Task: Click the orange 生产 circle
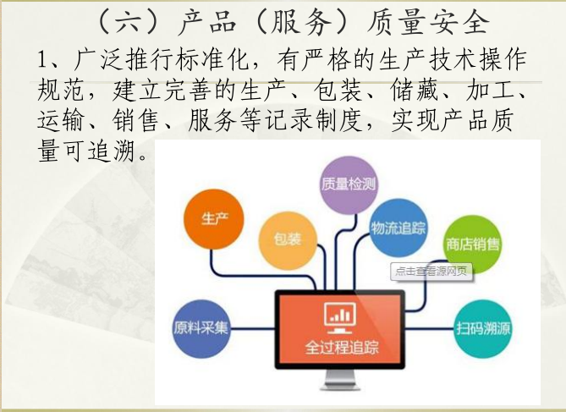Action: [x=214, y=219]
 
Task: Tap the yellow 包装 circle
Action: [x=288, y=240]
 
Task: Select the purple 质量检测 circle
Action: [x=349, y=185]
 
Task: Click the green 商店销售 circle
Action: [x=472, y=244]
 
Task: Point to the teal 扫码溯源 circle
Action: [x=483, y=328]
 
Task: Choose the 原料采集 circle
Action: [x=201, y=328]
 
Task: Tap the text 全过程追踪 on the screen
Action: [x=342, y=348]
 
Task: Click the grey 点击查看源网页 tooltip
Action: [x=431, y=272]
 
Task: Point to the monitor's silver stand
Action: [x=339, y=380]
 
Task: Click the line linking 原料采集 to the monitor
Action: [x=253, y=328]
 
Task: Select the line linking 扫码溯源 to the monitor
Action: [x=429, y=328]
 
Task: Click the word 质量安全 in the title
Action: [x=428, y=23]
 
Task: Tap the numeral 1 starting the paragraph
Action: [x=42, y=60]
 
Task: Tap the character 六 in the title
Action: [x=129, y=23]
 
